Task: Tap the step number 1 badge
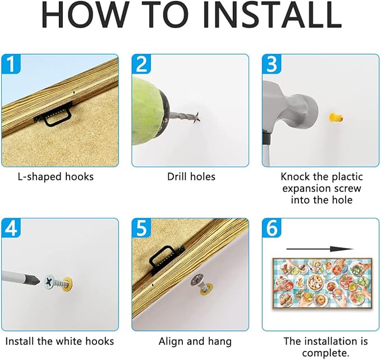[11, 63]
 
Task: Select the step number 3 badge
[272, 63]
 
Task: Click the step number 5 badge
[141, 227]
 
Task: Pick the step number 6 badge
[272, 227]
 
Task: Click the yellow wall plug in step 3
[336, 118]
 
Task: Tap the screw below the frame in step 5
[201, 284]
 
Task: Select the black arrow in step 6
[320, 249]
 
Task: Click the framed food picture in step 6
[322, 283]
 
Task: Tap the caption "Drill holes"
[191, 176]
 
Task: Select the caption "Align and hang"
[195, 341]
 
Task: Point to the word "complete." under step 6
[325, 353]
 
